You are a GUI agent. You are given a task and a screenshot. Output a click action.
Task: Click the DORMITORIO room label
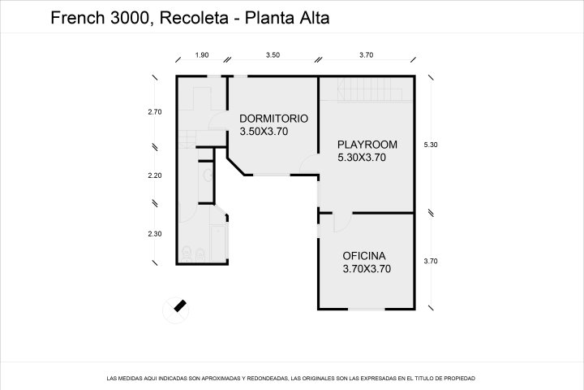coord(273,118)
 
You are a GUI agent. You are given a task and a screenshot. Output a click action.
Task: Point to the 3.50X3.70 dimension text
coord(264,131)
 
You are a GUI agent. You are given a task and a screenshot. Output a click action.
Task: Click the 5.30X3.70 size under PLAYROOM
coord(361,158)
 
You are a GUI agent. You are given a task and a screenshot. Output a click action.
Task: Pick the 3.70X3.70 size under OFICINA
coord(367,268)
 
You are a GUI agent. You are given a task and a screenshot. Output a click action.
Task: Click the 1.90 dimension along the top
coord(202,54)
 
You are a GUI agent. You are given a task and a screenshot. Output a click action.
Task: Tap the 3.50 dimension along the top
coord(273,54)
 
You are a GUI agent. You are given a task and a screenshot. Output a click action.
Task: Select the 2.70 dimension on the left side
coord(155,112)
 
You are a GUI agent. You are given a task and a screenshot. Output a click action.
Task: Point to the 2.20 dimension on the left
coord(155,175)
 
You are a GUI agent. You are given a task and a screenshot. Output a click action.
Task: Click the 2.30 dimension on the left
coord(155,234)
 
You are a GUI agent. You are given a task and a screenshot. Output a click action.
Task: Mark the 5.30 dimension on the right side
coord(431,145)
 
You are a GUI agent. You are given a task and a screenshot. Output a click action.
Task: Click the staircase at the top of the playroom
coord(361,87)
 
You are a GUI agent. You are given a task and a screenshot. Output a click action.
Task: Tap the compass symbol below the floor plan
coord(178,306)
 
